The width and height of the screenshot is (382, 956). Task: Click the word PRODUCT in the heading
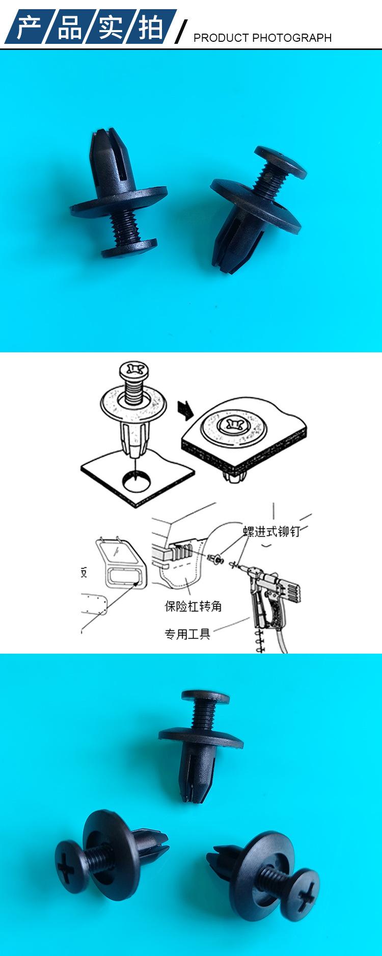tap(221, 38)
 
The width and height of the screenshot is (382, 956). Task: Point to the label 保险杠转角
tap(193, 606)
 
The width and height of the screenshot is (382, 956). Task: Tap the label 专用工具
tap(187, 634)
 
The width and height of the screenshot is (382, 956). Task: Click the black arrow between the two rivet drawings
tap(184, 409)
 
